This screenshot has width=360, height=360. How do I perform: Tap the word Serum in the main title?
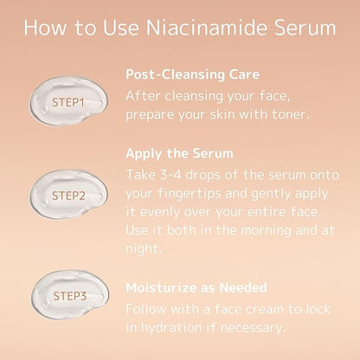click(305, 28)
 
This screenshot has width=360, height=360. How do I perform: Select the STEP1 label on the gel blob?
click(67, 102)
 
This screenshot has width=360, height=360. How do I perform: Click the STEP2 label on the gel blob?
click(68, 196)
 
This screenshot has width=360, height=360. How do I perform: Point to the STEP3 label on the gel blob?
click(70, 296)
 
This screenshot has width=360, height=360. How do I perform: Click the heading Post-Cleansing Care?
click(193, 74)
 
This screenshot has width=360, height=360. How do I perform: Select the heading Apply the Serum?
click(179, 153)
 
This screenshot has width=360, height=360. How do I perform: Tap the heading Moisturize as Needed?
click(196, 287)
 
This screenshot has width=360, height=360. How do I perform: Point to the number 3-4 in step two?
click(170, 175)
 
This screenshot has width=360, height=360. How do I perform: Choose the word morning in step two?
click(266, 231)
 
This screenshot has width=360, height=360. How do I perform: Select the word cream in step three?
click(265, 310)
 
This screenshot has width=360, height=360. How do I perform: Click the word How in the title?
click(45, 28)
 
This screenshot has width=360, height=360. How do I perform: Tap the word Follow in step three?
click(146, 310)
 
